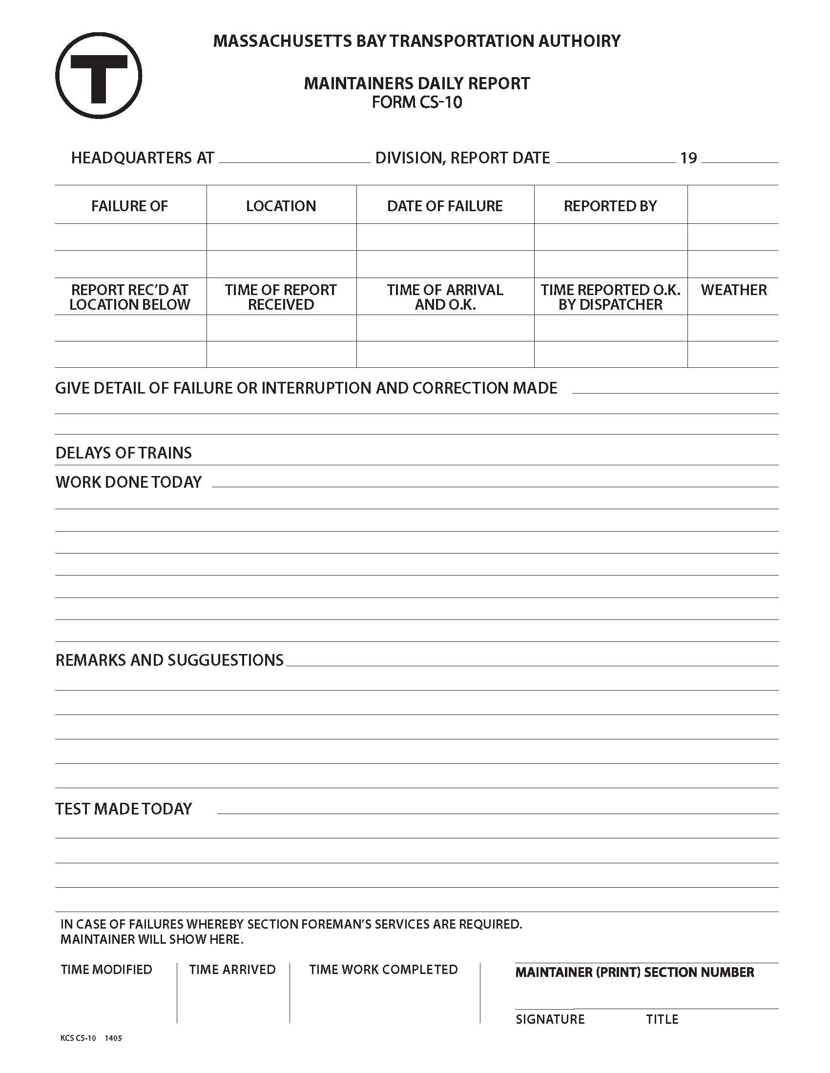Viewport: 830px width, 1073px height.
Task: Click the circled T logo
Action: (x=99, y=76)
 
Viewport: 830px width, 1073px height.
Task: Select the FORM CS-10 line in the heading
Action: (x=416, y=102)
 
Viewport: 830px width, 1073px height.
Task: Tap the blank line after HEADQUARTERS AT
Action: (x=294, y=158)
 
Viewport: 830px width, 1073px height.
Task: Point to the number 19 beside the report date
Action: (x=688, y=158)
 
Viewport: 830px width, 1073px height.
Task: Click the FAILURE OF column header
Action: (x=129, y=206)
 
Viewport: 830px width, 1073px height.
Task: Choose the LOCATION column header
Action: (x=281, y=206)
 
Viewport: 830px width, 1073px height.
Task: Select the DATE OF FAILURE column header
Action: (x=444, y=206)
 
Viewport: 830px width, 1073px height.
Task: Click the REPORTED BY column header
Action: (x=610, y=206)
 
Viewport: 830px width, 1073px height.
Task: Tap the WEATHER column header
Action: (x=733, y=290)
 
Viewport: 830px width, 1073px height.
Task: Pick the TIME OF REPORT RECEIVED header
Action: (x=281, y=297)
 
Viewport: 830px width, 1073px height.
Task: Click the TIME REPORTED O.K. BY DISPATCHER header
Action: (x=610, y=297)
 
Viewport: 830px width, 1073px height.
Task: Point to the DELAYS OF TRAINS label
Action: (x=124, y=453)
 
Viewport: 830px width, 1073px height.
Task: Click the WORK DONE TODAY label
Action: (x=128, y=482)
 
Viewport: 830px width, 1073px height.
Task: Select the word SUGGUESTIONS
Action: (x=225, y=660)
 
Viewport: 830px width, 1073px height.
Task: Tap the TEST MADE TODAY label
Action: (x=124, y=809)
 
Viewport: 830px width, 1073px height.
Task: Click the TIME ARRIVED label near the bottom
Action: (x=232, y=969)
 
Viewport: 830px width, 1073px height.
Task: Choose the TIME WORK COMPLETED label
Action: (x=383, y=969)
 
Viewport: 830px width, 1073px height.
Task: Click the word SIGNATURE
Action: (x=550, y=1019)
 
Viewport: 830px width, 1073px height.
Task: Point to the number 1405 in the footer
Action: (x=113, y=1038)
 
